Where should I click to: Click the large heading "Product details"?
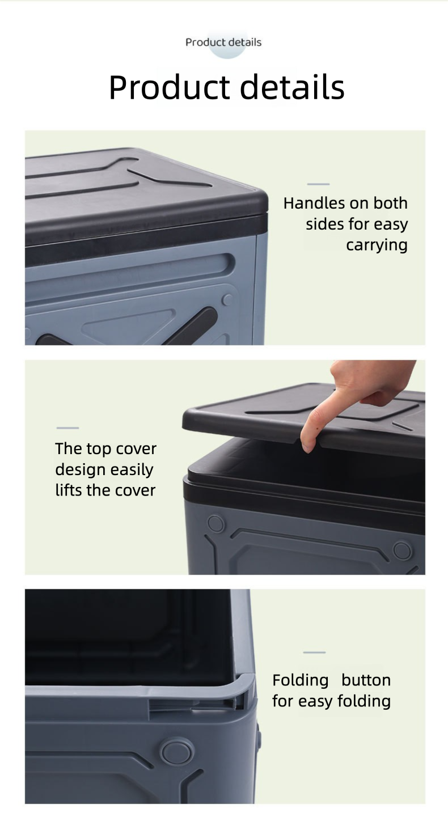(226, 87)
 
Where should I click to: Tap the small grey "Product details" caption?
(223, 43)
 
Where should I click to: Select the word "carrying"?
(377, 245)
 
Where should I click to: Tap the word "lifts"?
(69, 490)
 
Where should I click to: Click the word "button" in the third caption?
(366, 680)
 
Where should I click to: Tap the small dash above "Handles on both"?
(318, 184)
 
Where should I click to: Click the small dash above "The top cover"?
(68, 428)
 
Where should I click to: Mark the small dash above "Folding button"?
(314, 652)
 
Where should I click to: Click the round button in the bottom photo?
(177, 752)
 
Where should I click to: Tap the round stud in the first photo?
(227, 299)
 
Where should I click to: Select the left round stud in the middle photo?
(215, 523)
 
